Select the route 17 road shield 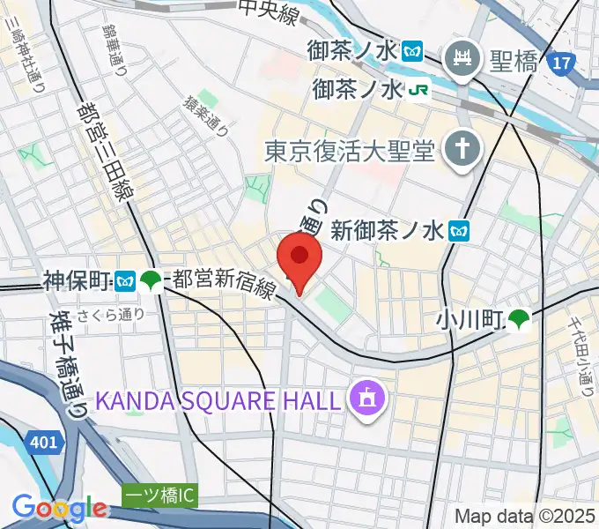[558, 63]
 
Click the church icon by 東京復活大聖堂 [461, 152]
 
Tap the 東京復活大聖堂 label [350, 153]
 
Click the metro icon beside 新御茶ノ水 [459, 231]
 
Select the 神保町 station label [77, 281]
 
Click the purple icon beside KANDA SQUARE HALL [364, 399]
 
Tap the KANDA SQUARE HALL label [217, 400]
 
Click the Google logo [58, 509]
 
